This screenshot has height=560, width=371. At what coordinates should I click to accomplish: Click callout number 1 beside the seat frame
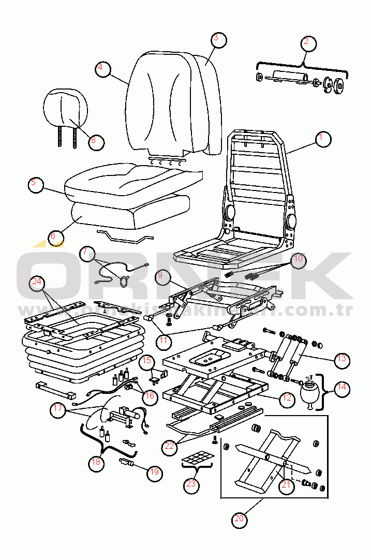323,139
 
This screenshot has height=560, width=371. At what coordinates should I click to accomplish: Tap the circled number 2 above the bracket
307,42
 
